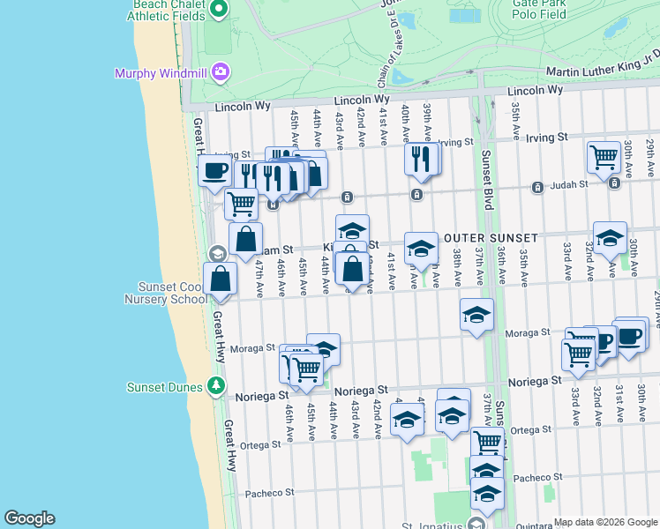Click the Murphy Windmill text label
(x=161, y=72)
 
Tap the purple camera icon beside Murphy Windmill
(x=220, y=71)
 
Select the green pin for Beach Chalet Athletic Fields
(x=221, y=10)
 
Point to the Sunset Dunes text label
(x=167, y=386)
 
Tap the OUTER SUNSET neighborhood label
(x=491, y=239)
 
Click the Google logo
(x=29, y=518)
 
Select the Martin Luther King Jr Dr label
(x=603, y=71)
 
